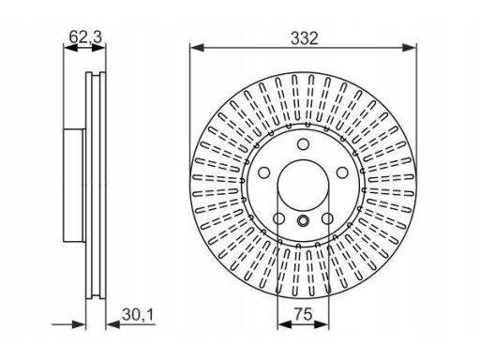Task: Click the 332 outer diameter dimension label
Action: tap(304, 38)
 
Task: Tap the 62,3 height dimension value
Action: tap(85, 37)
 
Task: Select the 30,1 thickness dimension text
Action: tap(138, 314)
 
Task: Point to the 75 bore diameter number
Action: tap(303, 314)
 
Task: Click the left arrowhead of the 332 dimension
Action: tap(197, 48)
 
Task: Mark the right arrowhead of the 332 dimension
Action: tap(409, 48)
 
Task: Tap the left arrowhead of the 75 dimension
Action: tap(284, 324)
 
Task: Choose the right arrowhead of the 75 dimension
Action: tap(322, 324)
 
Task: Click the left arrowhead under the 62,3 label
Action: tap(70, 48)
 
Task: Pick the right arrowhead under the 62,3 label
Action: tap(98, 48)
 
